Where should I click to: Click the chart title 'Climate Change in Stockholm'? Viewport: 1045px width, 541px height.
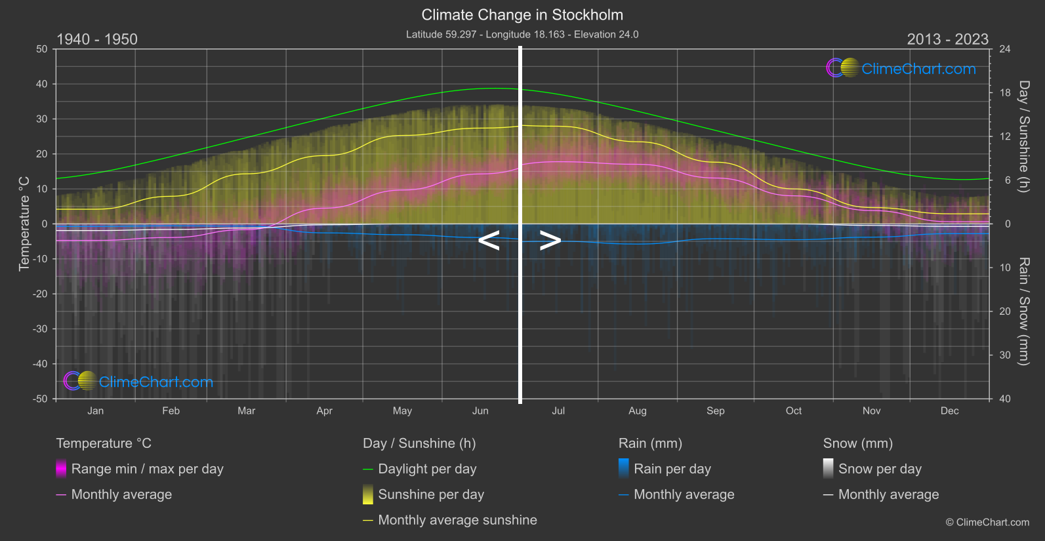pos(522,14)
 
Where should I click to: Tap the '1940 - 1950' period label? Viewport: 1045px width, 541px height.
pos(97,39)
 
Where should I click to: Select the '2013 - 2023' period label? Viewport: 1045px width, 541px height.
pos(947,39)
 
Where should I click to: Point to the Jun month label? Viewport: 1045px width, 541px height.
pos(480,411)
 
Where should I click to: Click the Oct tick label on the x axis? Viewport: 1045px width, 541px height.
pos(794,411)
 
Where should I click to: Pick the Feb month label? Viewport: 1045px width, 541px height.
pos(171,411)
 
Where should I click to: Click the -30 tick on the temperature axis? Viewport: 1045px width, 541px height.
pos(41,329)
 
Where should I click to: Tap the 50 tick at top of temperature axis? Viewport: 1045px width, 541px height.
pos(42,49)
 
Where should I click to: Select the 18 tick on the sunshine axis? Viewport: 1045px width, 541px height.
pos(1005,93)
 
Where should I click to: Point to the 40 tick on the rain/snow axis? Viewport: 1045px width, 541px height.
pos(1005,399)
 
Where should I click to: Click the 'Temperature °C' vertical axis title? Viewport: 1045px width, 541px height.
pos(24,224)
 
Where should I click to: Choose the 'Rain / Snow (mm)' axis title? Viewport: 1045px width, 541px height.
pos(1023,311)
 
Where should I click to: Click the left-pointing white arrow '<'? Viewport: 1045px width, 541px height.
pos(489,241)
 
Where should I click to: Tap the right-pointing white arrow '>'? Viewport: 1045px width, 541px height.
pos(550,241)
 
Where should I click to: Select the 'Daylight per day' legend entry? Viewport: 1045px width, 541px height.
pos(427,469)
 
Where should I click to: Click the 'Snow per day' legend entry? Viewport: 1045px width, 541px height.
pos(880,469)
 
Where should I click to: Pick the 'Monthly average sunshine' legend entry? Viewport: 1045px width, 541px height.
pos(457,520)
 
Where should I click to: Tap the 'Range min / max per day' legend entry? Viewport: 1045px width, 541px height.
pos(147,469)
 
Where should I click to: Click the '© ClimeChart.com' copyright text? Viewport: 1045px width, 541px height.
pos(987,522)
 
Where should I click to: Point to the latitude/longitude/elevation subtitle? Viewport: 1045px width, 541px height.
pos(522,34)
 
